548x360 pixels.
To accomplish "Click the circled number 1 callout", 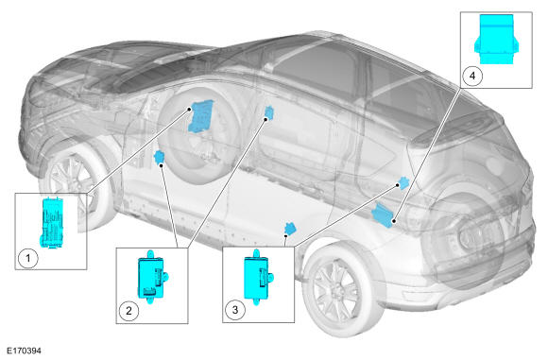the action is [x=28, y=258].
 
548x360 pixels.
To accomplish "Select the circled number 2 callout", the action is [x=128, y=310].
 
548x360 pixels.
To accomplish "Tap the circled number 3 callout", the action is [x=235, y=309].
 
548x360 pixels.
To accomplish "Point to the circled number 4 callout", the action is [x=472, y=76].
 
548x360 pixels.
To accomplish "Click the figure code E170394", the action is [x=25, y=351].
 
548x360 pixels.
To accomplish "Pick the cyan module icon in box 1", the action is [x=52, y=223].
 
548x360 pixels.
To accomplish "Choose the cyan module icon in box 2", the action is [x=152, y=277].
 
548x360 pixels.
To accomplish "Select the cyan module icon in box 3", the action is [x=258, y=276].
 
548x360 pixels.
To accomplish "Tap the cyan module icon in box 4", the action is [x=496, y=39].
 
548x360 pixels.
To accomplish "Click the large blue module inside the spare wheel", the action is [x=201, y=115].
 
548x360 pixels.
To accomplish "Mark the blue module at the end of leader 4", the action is [x=384, y=214].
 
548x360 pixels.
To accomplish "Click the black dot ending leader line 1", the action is [x=189, y=109].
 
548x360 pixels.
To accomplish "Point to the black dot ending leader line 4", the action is [x=394, y=221].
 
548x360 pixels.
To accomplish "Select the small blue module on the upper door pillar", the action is [x=269, y=112].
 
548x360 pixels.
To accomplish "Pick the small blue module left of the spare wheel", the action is [x=160, y=157].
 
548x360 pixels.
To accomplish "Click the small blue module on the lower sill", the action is [x=290, y=229].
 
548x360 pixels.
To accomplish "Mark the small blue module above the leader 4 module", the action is [x=404, y=183].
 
